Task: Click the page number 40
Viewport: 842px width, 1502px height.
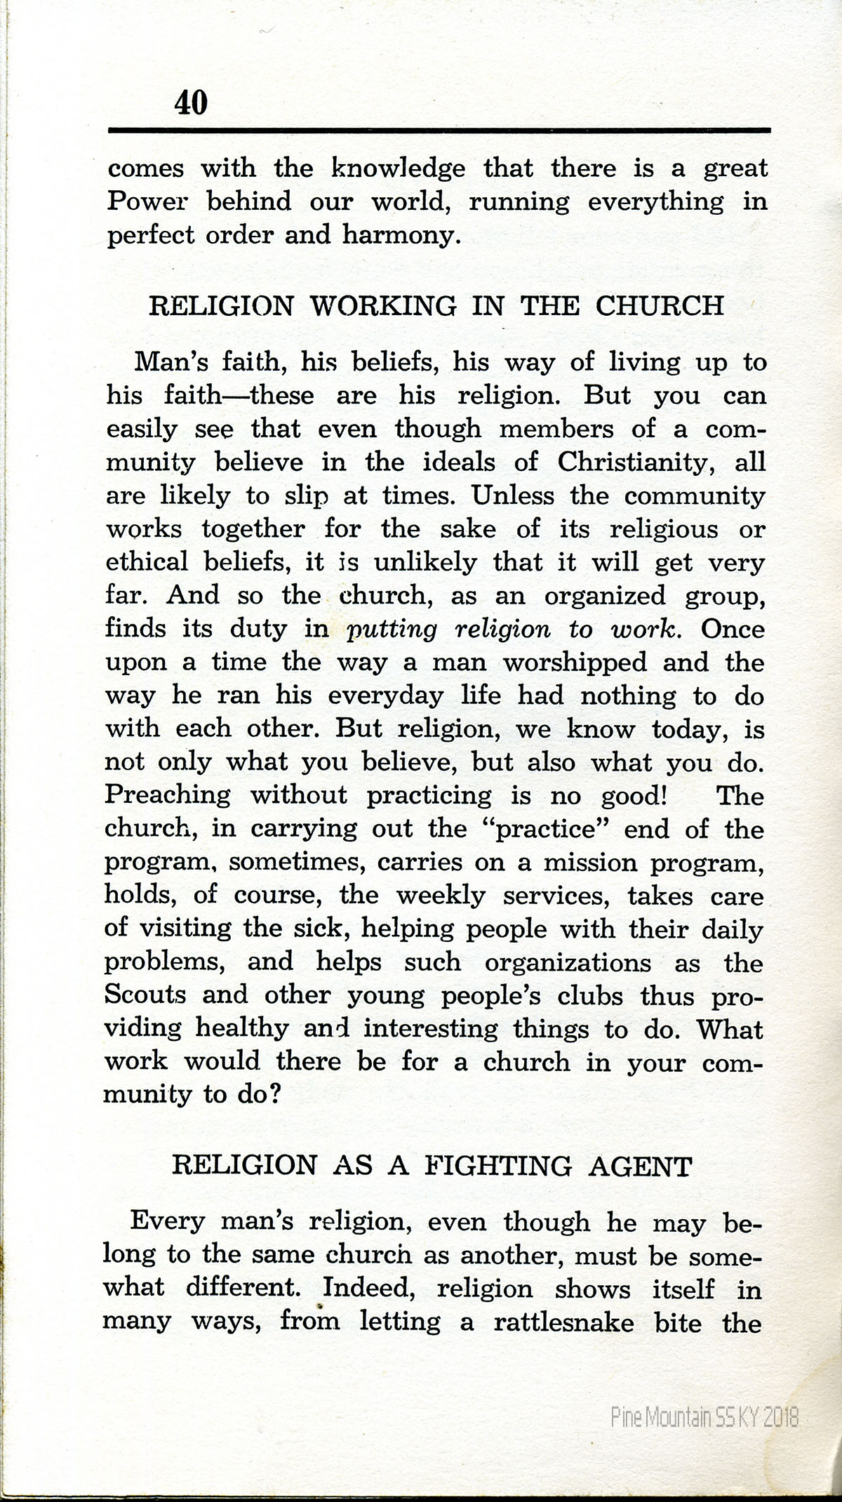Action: click(191, 103)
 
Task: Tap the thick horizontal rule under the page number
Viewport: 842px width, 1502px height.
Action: click(439, 130)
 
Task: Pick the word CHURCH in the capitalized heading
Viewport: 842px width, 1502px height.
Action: click(660, 306)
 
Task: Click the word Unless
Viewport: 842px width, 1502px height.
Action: click(512, 496)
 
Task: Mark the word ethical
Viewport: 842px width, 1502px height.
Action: click(147, 563)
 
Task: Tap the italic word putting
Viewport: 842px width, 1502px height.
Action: click(392, 630)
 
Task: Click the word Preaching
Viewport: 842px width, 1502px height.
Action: click(167, 795)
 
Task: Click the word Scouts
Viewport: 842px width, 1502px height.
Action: click(146, 995)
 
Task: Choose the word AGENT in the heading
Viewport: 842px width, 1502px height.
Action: click(641, 1166)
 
